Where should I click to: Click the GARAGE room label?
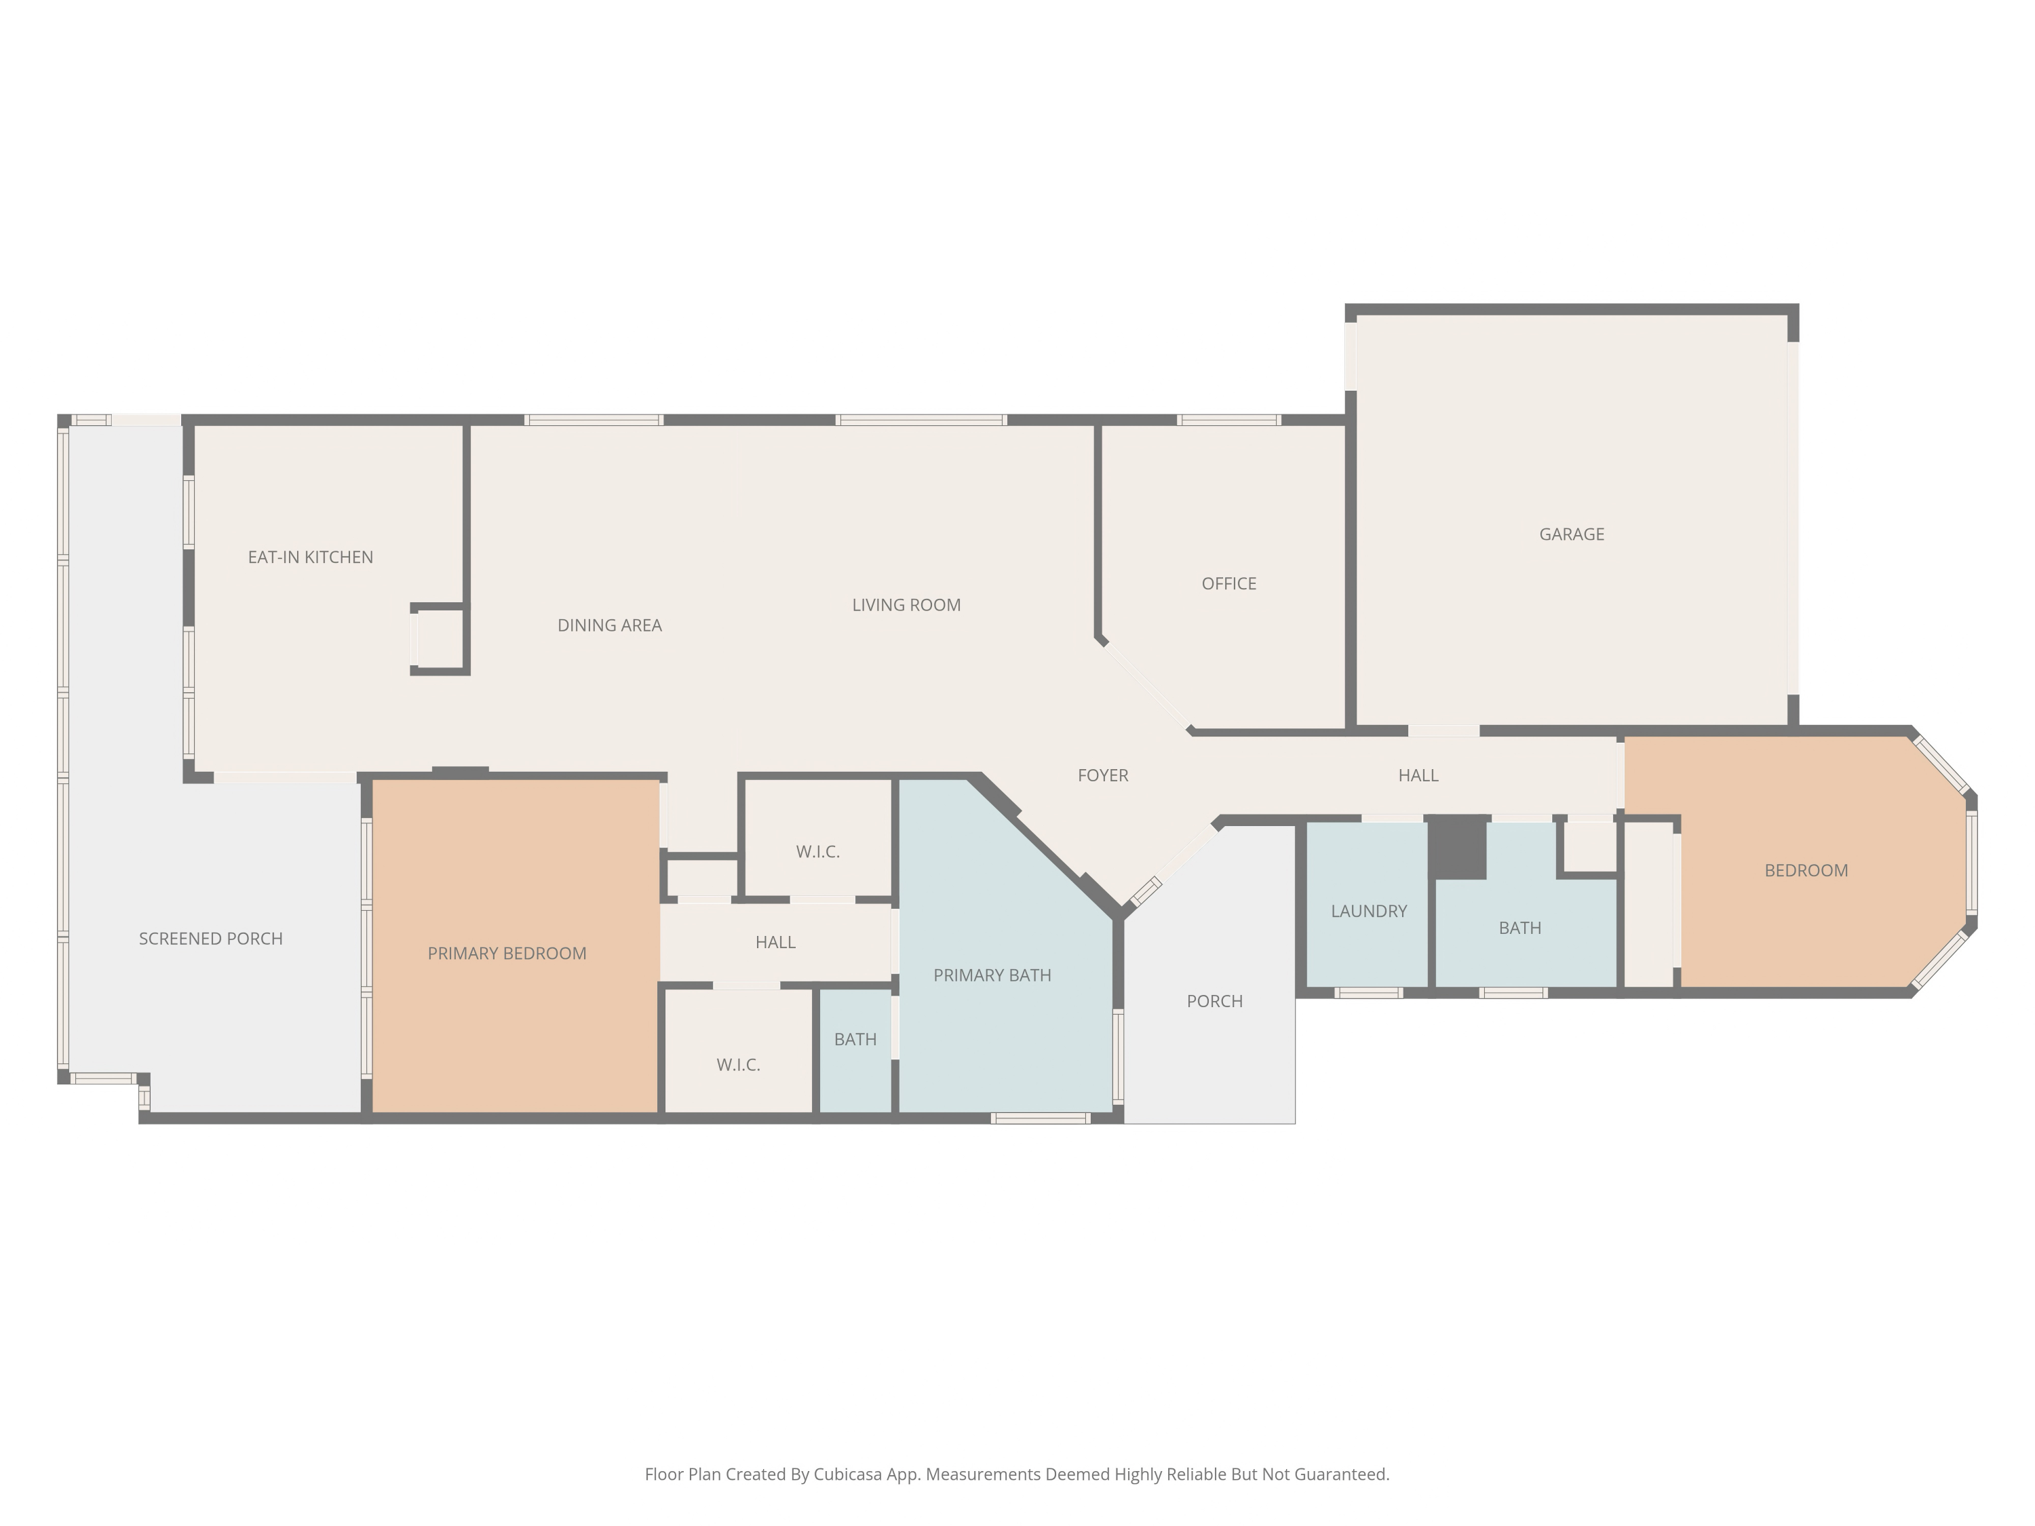tap(1571, 534)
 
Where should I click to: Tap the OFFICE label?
tap(1228, 584)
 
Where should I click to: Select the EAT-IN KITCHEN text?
tap(310, 557)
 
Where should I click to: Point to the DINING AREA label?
tap(609, 625)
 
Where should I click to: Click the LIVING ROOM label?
tap(906, 605)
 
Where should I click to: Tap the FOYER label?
tap(1103, 775)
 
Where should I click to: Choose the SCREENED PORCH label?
tap(211, 939)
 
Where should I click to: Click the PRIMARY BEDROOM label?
tap(507, 954)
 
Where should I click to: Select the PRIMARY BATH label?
tap(992, 976)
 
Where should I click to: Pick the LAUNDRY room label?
tap(1369, 912)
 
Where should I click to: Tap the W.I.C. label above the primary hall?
tap(818, 852)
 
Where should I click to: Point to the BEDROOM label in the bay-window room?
tap(1806, 871)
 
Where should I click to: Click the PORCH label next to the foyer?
tap(1214, 1002)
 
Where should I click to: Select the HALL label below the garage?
tap(1418, 775)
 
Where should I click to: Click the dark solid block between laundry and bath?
tap(1457, 847)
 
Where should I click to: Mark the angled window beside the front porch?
tap(1146, 891)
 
